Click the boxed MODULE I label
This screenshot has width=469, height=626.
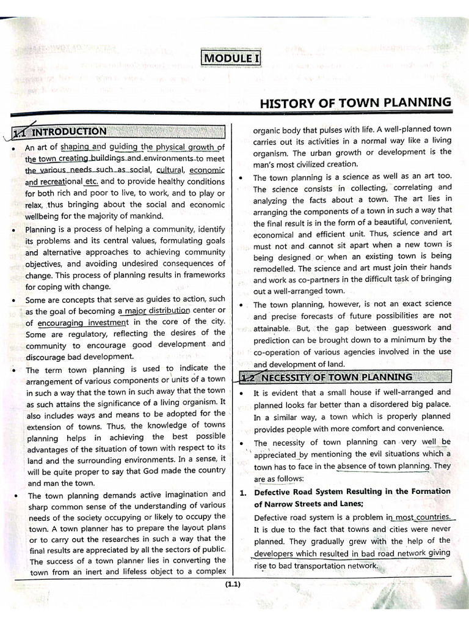(231, 58)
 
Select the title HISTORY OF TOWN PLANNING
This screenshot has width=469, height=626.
(355, 103)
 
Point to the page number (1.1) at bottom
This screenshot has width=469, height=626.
(233, 584)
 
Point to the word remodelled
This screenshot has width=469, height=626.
(274, 268)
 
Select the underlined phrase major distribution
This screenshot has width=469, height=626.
(155, 311)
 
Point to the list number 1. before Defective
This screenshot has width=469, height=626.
(242, 492)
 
